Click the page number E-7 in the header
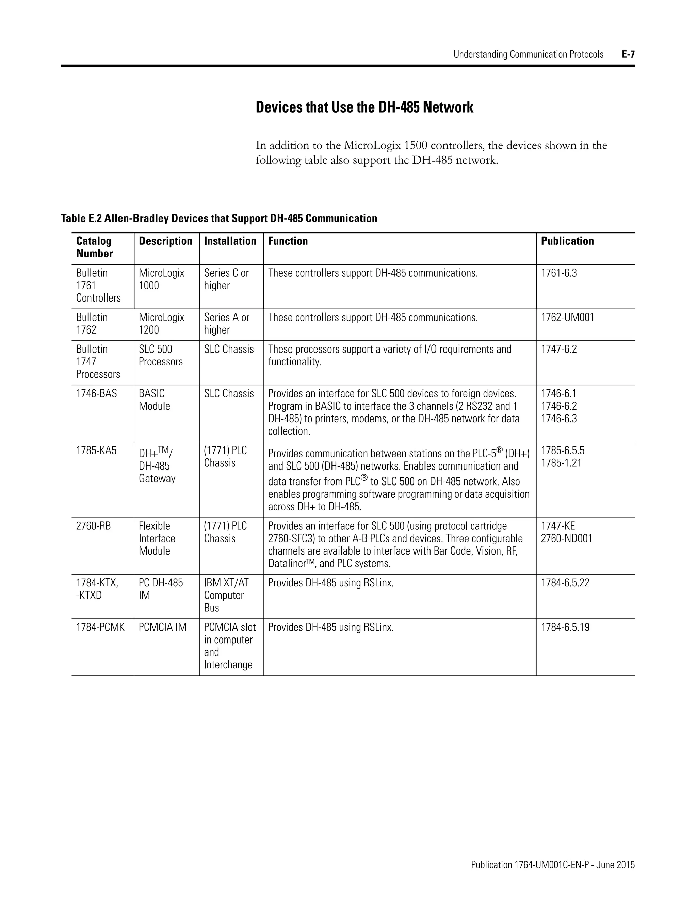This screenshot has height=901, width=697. [628, 54]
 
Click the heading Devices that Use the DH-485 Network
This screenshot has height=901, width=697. [364, 107]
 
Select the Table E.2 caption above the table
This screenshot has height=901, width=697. [219, 218]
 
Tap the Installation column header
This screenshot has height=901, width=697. [230, 241]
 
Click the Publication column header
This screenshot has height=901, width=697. [567, 241]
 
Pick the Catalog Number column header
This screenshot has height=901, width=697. [94, 247]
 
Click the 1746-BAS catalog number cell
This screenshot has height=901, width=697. [96, 394]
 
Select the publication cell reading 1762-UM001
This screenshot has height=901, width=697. [567, 318]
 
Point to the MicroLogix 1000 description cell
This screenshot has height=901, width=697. [161, 279]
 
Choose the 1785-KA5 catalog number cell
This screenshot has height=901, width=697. [96, 451]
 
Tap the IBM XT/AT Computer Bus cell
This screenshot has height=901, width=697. [226, 595]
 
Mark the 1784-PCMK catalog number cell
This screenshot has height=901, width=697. [100, 628]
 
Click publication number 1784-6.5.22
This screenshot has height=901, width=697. [565, 583]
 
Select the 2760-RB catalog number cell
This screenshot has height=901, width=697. [93, 526]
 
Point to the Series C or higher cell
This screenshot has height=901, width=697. [226, 279]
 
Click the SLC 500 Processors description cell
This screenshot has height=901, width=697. [160, 356]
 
